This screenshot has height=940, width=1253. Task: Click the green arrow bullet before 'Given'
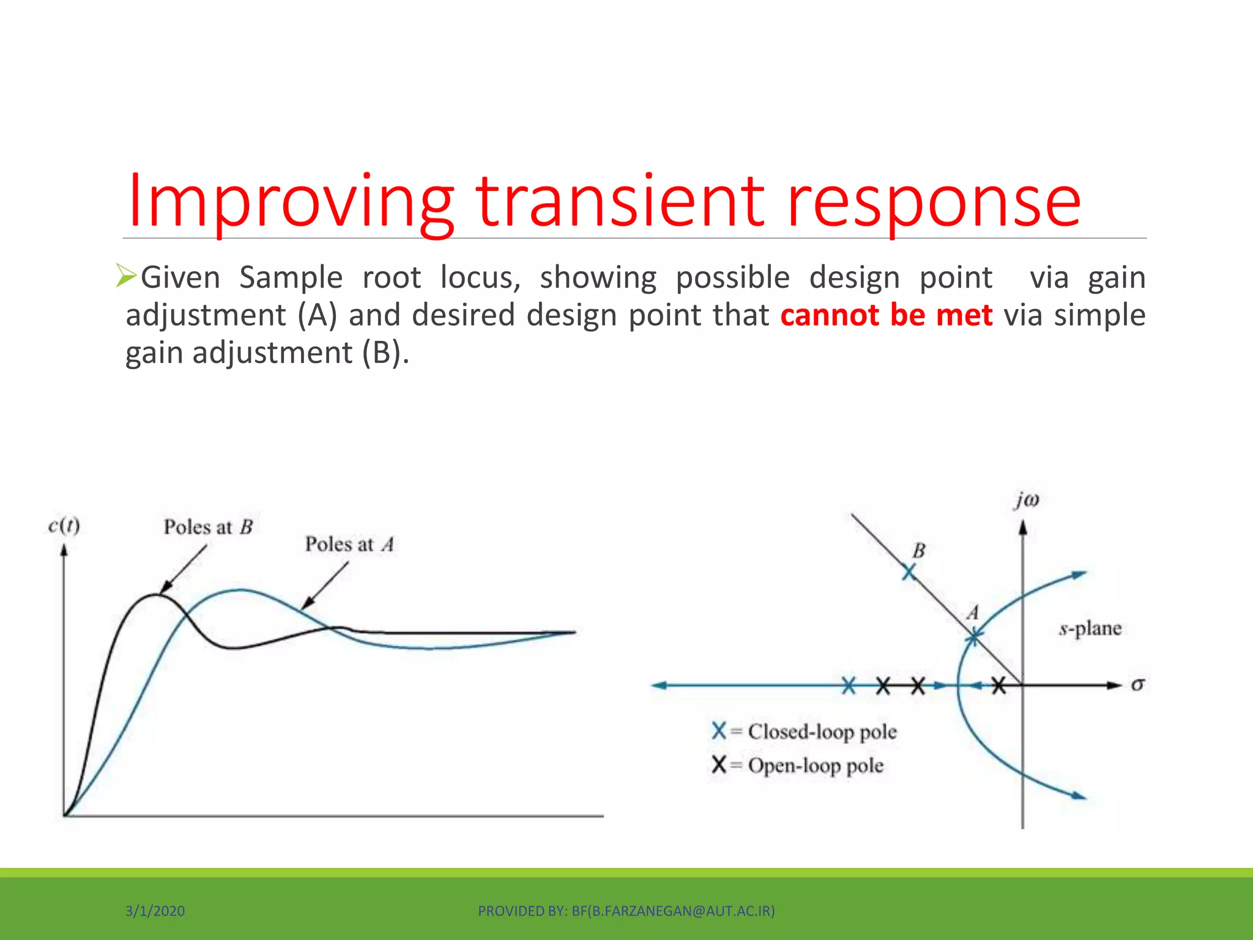pos(126,276)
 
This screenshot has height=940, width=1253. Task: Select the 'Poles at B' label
pos(208,527)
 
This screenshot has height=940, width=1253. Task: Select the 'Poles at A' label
pos(349,544)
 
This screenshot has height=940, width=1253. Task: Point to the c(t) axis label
pos(64,526)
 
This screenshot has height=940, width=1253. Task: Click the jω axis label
pos(1027,500)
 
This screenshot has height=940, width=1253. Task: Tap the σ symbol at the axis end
pos(1137,685)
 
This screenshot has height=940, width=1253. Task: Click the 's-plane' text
pos(1090,629)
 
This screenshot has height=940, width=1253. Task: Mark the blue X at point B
pos(909,572)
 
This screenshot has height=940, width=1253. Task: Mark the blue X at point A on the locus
pos(973,638)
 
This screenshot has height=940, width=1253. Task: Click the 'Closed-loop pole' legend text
pos(822,732)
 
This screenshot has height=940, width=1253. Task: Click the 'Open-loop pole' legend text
pos(815,766)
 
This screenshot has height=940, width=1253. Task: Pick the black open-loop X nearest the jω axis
pos(998,686)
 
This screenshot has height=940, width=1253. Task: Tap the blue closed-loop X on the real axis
pos(849,686)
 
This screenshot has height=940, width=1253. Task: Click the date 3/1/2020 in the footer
pos(155,911)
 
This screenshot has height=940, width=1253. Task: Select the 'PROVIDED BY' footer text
pos(626,911)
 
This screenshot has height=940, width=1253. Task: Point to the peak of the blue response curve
pos(241,590)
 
